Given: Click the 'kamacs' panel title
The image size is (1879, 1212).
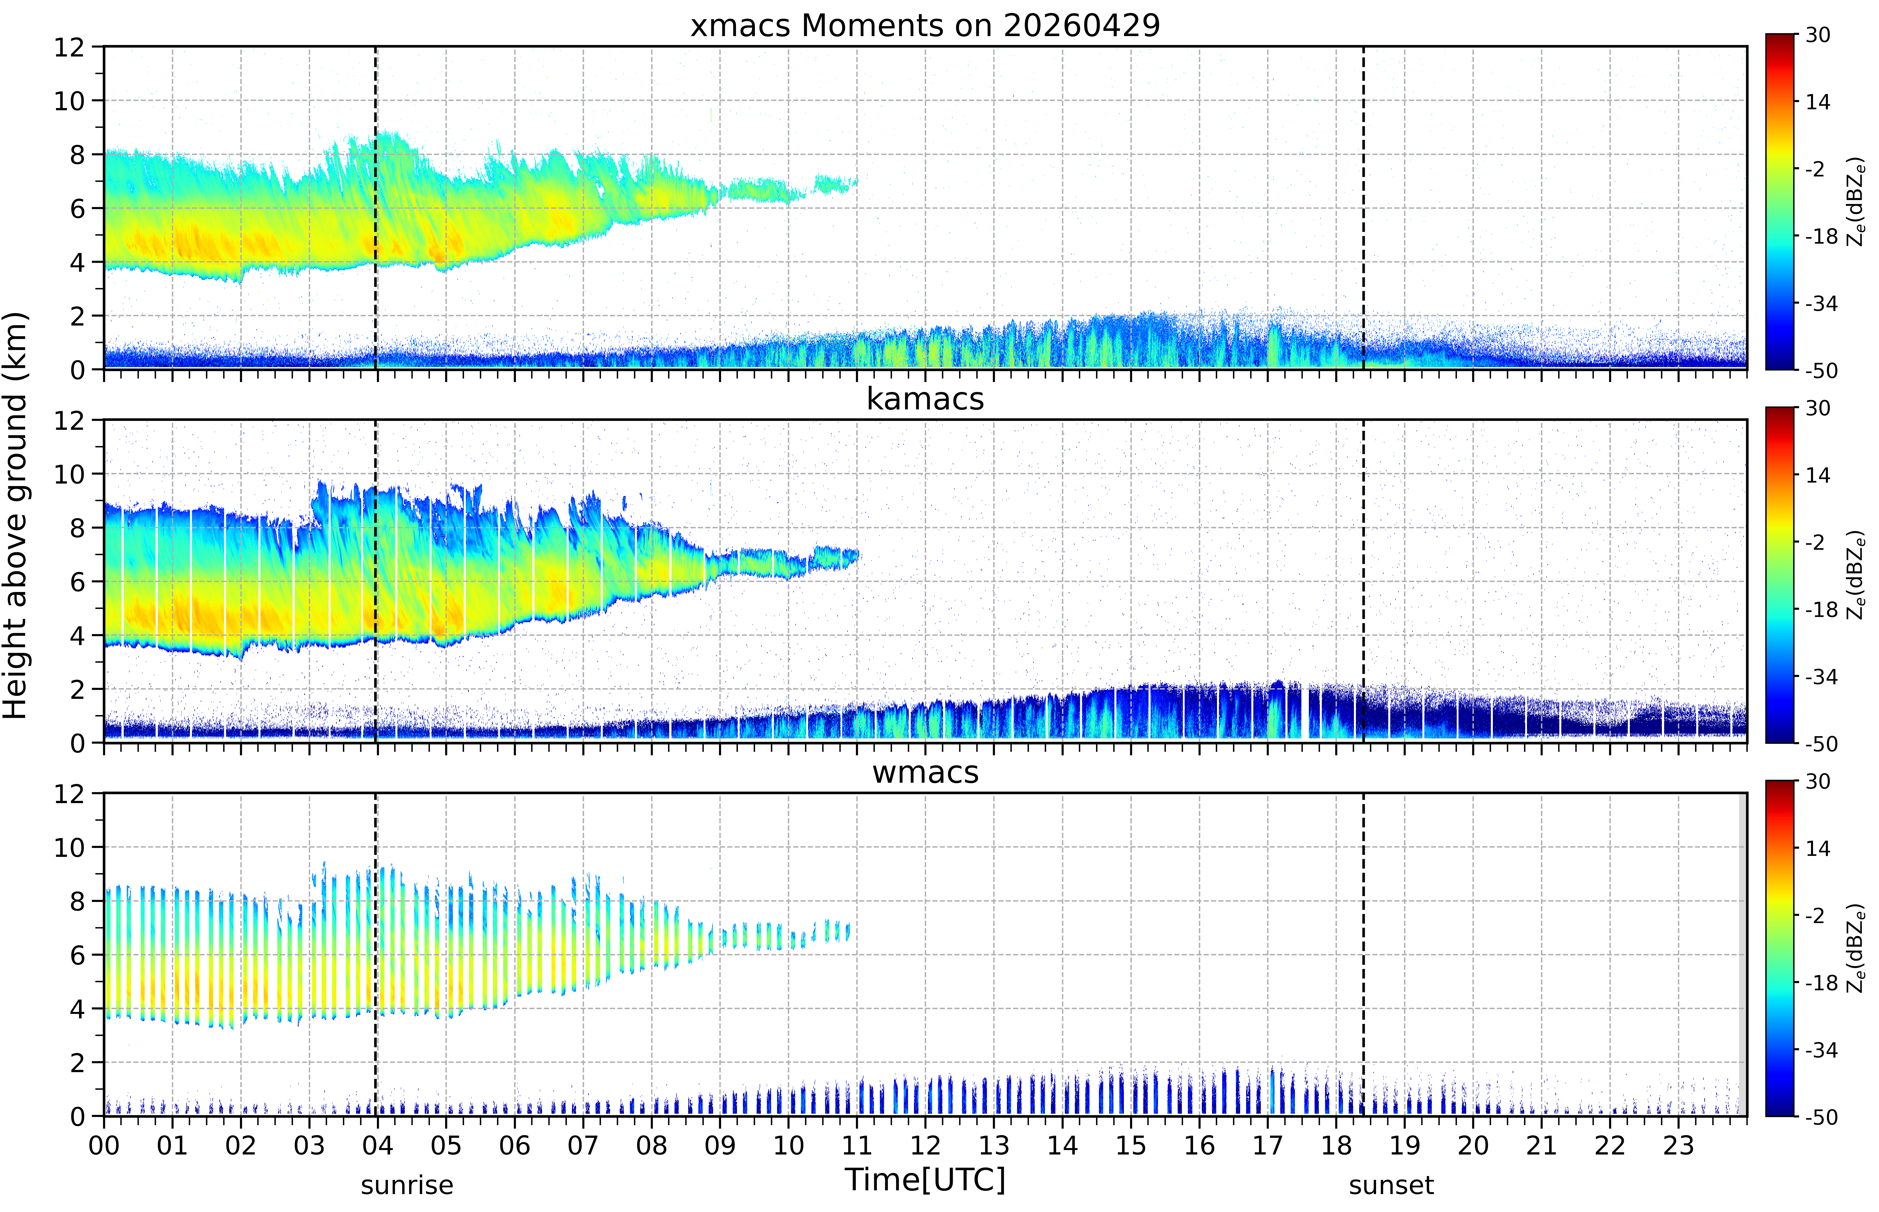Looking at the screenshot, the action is click(x=925, y=399).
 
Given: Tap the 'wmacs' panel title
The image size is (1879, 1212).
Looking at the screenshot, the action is click(x=925, y=772).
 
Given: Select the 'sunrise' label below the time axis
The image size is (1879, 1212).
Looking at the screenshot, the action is click(x=407, y=1185).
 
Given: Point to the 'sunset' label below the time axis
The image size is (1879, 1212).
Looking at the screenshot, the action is click(x=1391, y=1185).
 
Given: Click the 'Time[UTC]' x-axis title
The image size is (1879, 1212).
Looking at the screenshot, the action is click(x=925, y=1180).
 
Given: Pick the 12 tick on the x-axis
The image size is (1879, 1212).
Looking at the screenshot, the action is click(x=925, y=1145).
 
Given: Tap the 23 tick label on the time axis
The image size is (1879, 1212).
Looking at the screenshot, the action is click(x=1678, y=1145).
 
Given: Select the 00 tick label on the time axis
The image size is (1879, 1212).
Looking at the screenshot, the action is click(x=104, y=1145).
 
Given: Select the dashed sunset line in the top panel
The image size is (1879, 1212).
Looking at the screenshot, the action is click(x=1363, y=208).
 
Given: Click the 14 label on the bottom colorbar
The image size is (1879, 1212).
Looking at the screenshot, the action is click(x=1818, y=848).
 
